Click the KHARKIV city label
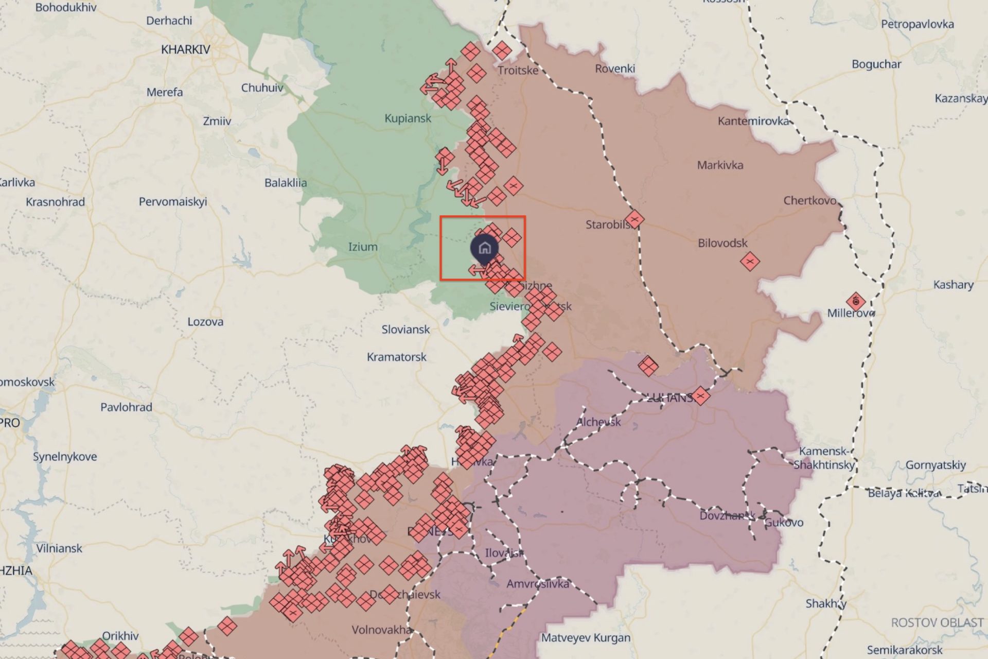[x=185, y=49]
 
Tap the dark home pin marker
[x=484, y=248]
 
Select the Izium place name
[x=363, y=247]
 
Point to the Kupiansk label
[x=408, y=118]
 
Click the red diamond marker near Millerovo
[x=856, y=301]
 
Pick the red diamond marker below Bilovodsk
[x=750, y=262]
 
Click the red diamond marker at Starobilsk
[x=634, y=220]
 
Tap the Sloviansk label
[x=405, y=329]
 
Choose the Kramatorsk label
[x=396, y=357]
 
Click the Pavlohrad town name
[x=126, y=407]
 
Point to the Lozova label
[x=205, y=322]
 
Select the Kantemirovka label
[x=753, y=121]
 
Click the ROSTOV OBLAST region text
[x=937, y=622]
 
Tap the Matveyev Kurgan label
[x=586, y=638]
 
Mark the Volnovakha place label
[x=381, y=630]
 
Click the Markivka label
[x=720, y=165]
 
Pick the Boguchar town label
[x=876, y=64]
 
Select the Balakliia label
[x=286, y=183]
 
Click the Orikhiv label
[x=120, y=636]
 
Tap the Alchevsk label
[x=598, y=422]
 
